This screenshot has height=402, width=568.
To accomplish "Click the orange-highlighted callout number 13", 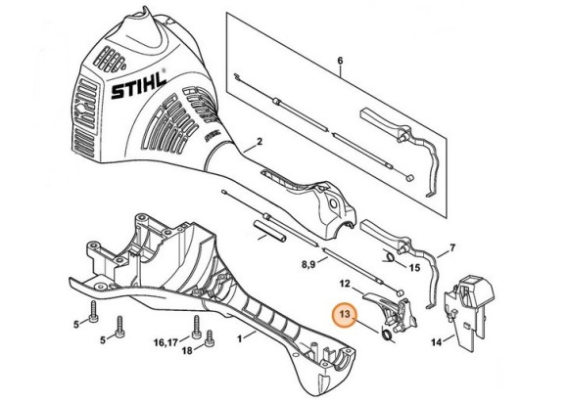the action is (x=345, y=313).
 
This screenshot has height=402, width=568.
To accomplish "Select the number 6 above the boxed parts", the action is (x=340, y=61).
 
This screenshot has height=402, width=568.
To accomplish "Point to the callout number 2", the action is (x=259, y=142).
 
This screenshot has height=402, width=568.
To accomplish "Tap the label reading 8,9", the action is (x=308, y=265).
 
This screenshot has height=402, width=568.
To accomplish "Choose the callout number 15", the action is (x=414, y=268).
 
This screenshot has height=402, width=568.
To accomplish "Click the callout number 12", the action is (x=345, y=284).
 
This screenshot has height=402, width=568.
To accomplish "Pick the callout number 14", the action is (x=437, y=341).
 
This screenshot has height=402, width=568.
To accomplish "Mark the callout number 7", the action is (x=452, y=248).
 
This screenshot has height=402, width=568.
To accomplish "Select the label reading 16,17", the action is (x=166, y=342).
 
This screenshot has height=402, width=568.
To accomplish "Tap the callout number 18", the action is (x=187, y=350).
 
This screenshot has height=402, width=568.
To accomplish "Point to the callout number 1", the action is (x=240, y=339).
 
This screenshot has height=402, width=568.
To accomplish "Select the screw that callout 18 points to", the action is (x=209, y=339).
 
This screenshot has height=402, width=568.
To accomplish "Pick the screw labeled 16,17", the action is (x=197, y=327).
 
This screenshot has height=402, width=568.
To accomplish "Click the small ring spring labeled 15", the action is (x=390, y=257).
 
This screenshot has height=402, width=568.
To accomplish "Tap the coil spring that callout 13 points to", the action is (x=387, y=334).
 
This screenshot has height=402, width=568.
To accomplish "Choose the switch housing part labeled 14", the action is (x=469, y=310).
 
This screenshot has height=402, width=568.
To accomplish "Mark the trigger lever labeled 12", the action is (x=390, y=311).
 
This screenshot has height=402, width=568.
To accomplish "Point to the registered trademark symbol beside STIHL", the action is (x=164, y=71).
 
